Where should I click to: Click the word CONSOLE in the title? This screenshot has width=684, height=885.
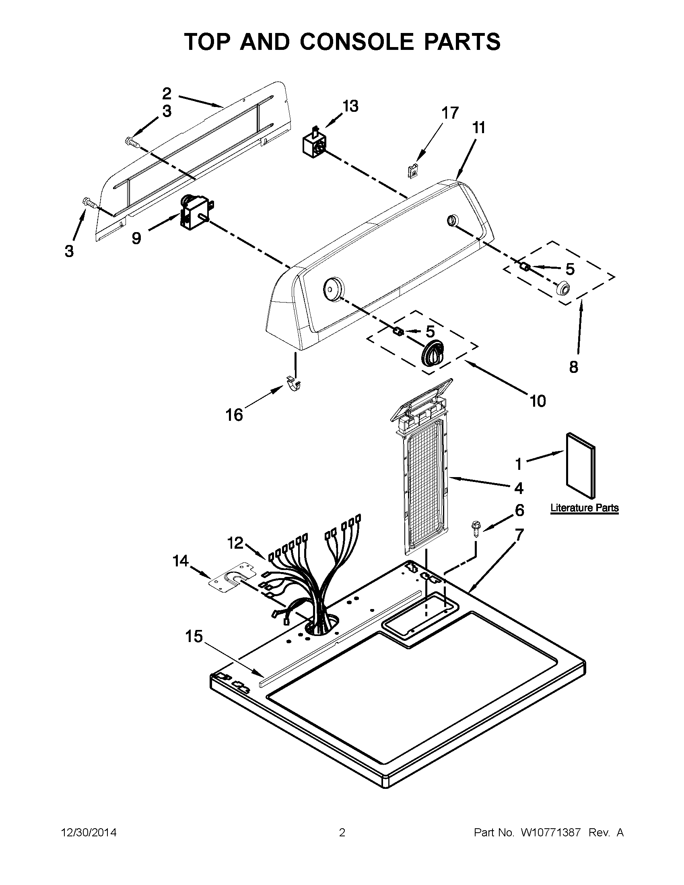356,42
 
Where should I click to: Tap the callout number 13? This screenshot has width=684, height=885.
350,106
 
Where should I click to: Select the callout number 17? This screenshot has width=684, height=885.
450,113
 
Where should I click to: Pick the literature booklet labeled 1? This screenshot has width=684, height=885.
581,465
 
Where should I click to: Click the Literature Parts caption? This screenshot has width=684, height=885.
584,508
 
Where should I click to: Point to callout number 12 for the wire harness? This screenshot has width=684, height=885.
235,543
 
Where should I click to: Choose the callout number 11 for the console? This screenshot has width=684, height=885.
478,128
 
